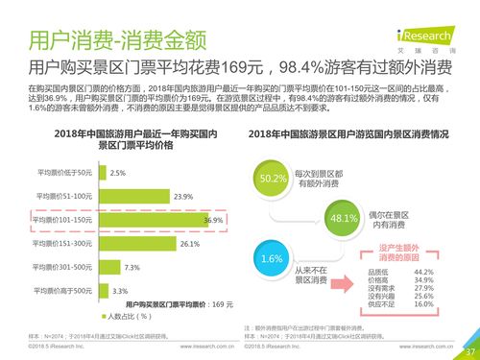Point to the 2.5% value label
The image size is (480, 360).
pyautogui.click(x=119, y=173)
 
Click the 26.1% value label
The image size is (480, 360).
pyautogui.click(x=189, y=244)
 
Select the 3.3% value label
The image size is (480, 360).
pyautogui.click(x=121, y=290)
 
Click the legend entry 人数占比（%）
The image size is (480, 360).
pyautogui.click(x=124, y=315)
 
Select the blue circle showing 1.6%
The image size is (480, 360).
pyautogui.click(x=272, y=259)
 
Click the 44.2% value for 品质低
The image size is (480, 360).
pyautogui.click(x=424, y=273)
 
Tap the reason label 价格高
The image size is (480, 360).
pyautogui.click(x=378, y=280)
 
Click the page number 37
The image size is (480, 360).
pyautogui.click(x=469, y=350)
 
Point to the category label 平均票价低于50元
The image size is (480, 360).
pyautogui.click(x=64, y=173)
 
